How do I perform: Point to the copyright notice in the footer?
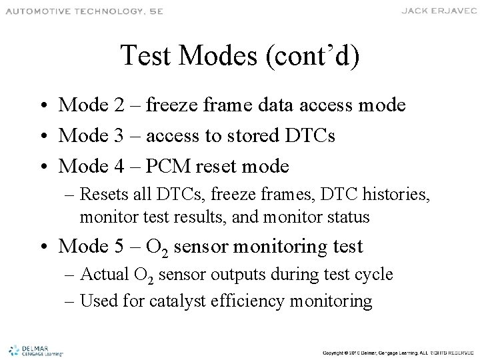coord(397,351)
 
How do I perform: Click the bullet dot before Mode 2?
coord(43,106)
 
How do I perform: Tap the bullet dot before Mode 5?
coord(43,247)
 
